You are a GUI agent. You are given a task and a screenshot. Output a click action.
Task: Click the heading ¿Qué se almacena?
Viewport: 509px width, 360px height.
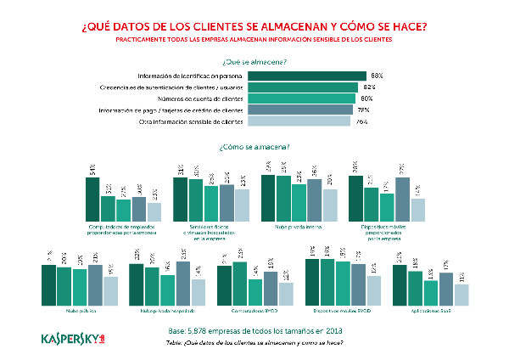254,61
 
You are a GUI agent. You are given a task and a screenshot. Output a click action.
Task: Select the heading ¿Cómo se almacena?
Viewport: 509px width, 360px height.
254,147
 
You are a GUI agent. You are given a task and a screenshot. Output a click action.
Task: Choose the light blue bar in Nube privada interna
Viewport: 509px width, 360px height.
330,204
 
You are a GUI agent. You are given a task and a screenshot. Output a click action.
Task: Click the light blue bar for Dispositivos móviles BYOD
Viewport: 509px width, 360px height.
373,290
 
